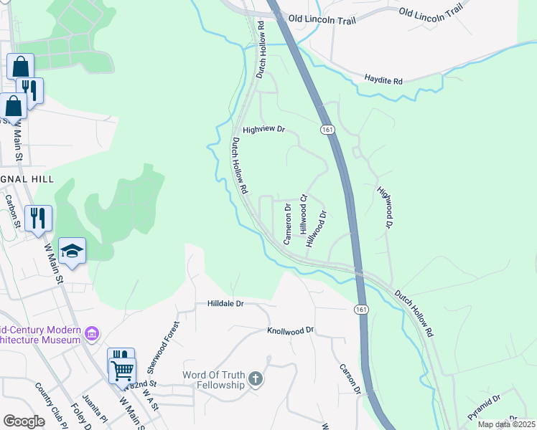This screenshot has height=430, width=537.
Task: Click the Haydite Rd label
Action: (383, 79)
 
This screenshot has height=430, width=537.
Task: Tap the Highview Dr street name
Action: (264, 130)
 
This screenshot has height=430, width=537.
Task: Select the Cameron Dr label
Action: (287, 225)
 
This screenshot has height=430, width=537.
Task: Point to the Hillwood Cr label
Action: (304, 213)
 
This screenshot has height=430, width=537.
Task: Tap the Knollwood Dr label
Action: (291, 331)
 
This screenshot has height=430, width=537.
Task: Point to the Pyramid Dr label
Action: (483, 407)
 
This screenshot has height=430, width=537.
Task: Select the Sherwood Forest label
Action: (162, 347)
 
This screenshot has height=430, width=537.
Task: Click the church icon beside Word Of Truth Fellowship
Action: (256, 379)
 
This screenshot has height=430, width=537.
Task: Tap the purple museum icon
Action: (91, 333)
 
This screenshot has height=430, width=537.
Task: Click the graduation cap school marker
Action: (72, 251)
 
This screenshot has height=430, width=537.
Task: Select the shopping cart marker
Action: (123, 371)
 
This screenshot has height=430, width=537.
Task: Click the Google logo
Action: (24, 421)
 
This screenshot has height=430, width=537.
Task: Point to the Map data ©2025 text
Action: (507, 424)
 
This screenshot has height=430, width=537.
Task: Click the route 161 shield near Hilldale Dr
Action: (360, 308)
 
